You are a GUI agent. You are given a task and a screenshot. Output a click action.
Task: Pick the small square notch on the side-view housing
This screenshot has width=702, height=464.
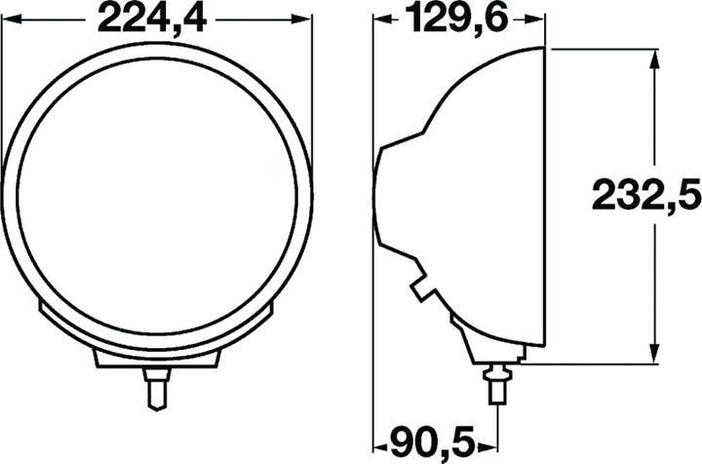tap(421, 289)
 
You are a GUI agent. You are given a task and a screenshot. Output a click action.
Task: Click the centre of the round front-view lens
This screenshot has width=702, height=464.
tap(156, 195)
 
